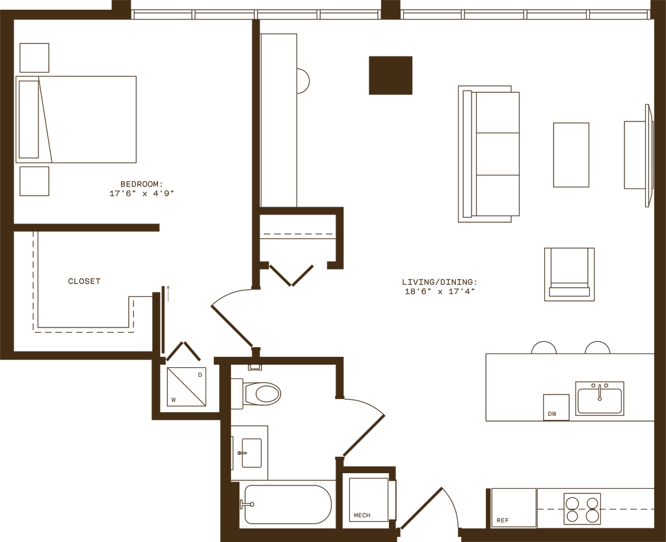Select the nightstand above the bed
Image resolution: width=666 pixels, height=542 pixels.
(x=34, y=58)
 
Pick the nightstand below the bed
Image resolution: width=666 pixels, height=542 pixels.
(x=34, y=181)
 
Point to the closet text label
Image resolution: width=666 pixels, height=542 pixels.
(x=84, y=281)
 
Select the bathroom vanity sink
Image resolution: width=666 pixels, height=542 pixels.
(x=250, y=449)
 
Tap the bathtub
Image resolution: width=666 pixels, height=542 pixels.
(x=287, y=504)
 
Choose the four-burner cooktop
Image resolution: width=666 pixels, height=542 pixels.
(x=582, y=508)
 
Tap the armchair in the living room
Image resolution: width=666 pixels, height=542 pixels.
(x=569, y=274)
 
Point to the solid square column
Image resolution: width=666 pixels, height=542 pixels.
(x=390, y=75)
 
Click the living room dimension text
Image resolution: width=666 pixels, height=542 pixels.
(x=440, y=286)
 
